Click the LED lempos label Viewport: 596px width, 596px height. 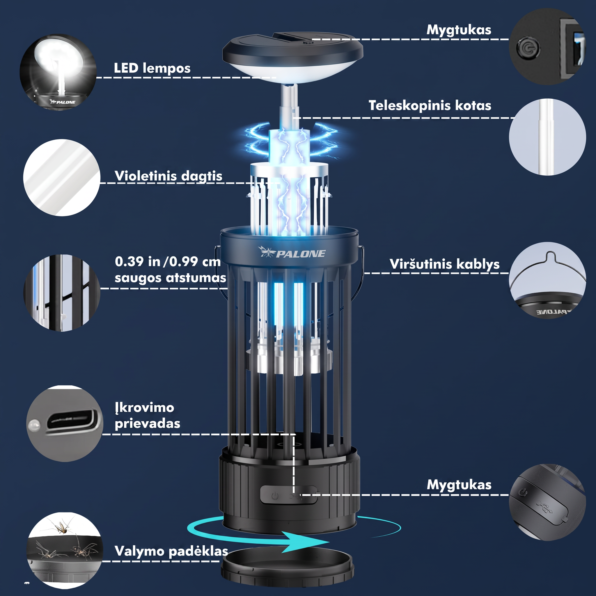(152, 68)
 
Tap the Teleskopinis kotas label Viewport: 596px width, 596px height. (430, 106)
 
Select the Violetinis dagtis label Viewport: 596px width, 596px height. (168, 176)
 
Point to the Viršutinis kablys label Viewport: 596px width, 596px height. (444, 264)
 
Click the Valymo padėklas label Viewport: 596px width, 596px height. (171, 551)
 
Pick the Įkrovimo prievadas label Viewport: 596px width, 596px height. (148, 416)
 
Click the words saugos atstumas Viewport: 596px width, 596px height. (170, 278)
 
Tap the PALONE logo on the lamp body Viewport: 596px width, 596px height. (292, 253)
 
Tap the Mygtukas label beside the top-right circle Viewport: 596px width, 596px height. (459, 30)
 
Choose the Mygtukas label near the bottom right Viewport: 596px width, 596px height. (459, 485)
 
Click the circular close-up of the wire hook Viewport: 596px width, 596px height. (547, 281)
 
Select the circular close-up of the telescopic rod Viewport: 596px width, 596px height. (547, 137)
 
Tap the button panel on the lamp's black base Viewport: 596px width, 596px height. (288, 495)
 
